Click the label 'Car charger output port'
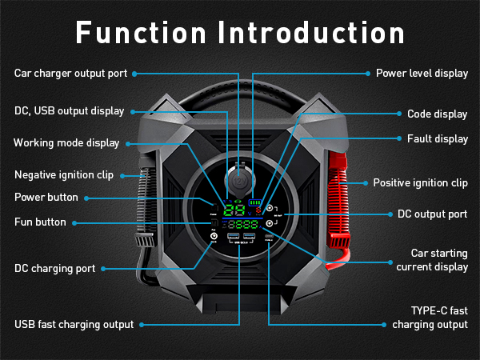(70, 74)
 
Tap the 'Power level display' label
(422, 74)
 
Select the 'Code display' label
(437, 114)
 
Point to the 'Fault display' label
(438, 138)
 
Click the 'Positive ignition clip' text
(420, 182)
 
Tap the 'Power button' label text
(46, 197)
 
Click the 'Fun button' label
(41, 222)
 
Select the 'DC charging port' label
(54, 269)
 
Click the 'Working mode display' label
(66, 143)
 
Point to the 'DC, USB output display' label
(70, 111)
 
